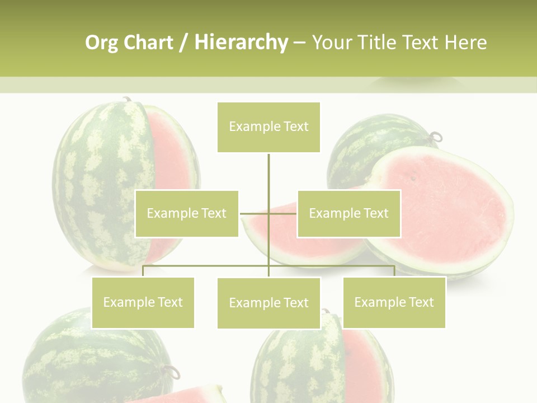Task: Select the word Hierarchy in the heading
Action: [241, 43]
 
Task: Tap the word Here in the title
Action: [465, 43]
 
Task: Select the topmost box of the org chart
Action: [268, 127]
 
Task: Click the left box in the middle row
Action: [187, 213]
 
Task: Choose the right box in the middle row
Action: [348, 213]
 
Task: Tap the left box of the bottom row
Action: [143, 302]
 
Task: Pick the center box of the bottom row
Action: [268, 303]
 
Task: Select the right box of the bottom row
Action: [394, 302]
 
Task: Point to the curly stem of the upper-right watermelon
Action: [436, 136]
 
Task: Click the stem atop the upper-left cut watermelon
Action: [128, 99]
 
